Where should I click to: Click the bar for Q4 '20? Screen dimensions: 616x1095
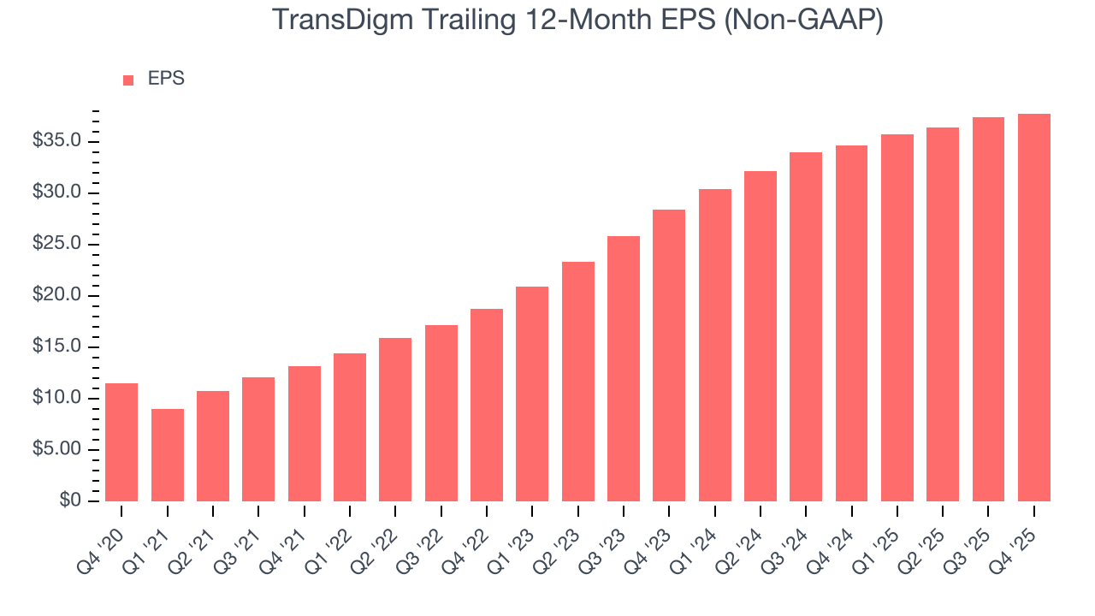[121, 442]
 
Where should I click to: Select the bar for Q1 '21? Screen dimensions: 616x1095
[167, 455]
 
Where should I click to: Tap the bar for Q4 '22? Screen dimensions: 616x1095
[487, 405]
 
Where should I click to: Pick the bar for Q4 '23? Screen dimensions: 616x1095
[669, 355]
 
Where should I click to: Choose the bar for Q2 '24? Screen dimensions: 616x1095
[761, 336]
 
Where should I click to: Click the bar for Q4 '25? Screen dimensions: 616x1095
[1034, 307]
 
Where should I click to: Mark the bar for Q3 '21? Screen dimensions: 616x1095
[258, 439]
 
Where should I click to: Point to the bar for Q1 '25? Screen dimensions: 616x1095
[897, 317]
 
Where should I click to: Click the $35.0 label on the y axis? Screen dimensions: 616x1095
[56, 141]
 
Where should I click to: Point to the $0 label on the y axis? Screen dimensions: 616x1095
[70, 501]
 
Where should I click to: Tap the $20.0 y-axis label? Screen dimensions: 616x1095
[56, 295]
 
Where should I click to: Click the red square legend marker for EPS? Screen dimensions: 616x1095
[128, 80]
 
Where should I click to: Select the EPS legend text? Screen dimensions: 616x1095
[166, 79]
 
